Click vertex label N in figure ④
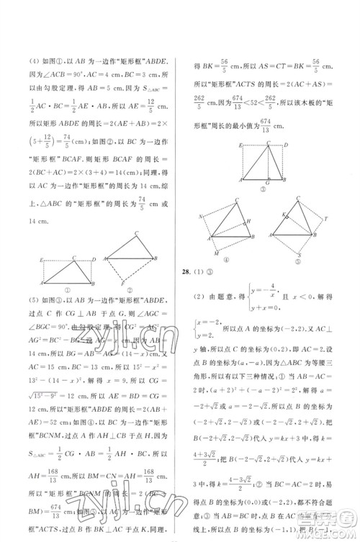199,217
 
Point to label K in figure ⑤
282,215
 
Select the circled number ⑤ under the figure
297,262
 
